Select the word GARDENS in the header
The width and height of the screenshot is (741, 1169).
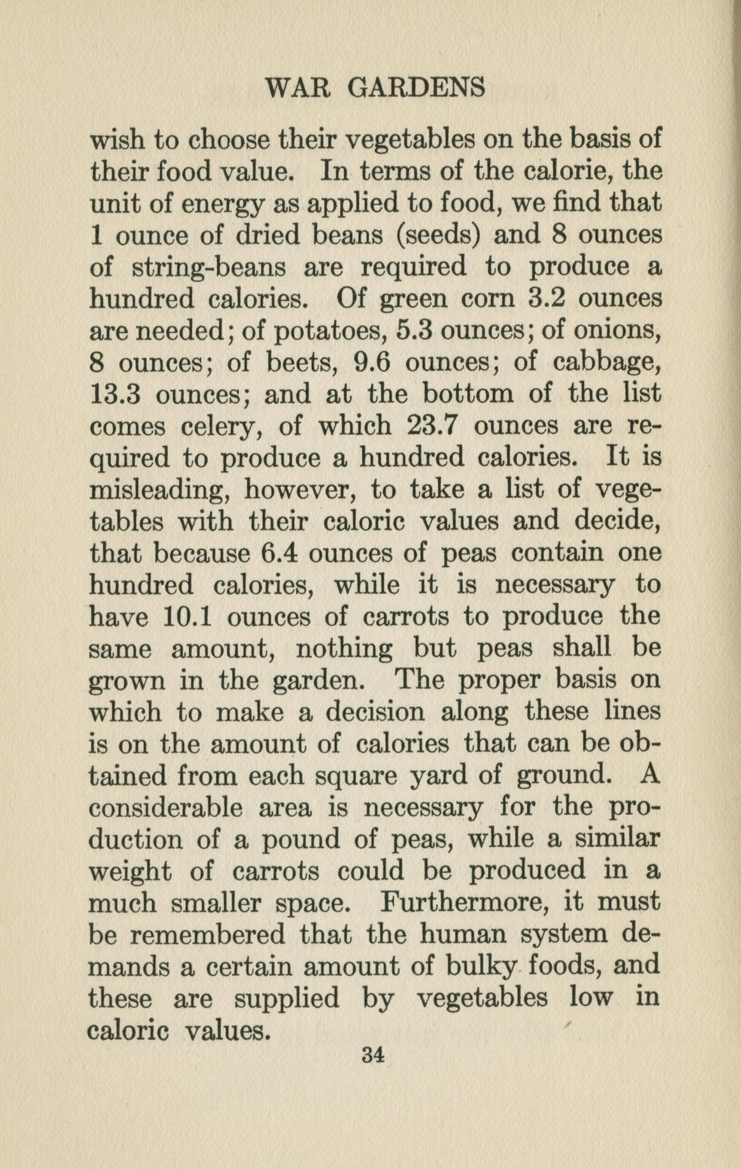(416, 88)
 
